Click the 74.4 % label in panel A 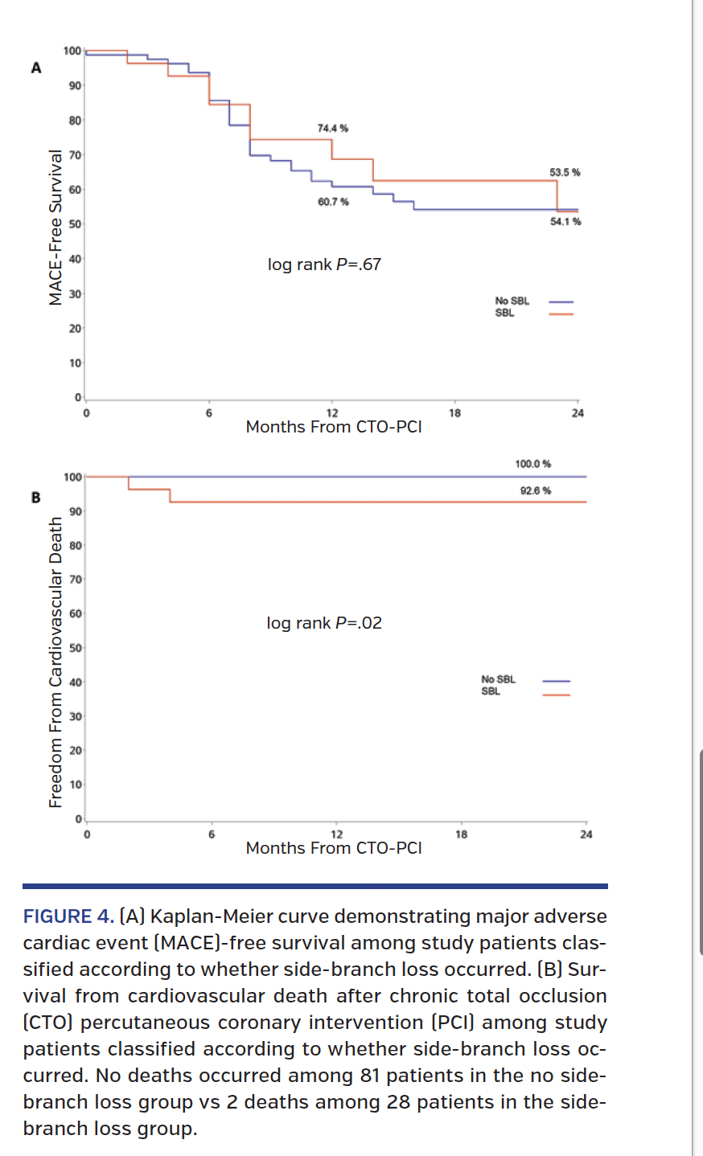coord(332,129)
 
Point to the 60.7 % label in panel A coord(333,202)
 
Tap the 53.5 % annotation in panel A coord(565,173)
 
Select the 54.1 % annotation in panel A coord(565,222)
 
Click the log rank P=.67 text coord(324,264)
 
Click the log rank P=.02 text coord(324,623)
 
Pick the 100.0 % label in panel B coord(532,464)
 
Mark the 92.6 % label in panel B coord(535,490)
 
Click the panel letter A coord(35,68)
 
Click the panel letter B coord(35,498)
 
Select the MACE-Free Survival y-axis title coord(55,228)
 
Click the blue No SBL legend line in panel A coord(561,302)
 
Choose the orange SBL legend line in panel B coord(556,695)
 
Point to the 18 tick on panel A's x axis coord(455,413)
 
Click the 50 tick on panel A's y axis coord(74,224)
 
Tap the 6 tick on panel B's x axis coord(212,834)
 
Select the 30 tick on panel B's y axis coord(74,716)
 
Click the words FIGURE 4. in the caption coord(68,916)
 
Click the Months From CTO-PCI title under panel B coord(334,848)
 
